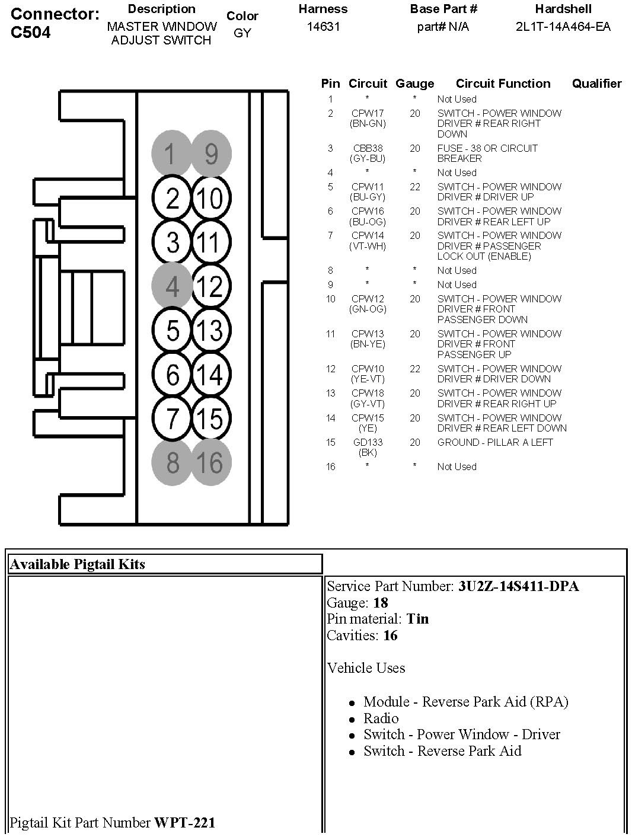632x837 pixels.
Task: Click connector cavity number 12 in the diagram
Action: (209, 287)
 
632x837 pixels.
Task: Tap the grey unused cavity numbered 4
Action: (172, 287)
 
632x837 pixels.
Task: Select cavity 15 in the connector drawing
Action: (209, 418)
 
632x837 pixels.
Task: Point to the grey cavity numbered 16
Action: (210, 462)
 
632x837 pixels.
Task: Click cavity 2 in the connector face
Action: (172, 199)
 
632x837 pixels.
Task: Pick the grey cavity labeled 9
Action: (211, 154)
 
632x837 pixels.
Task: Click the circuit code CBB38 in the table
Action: (368, 148)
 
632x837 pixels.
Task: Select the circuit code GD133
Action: (368, 442)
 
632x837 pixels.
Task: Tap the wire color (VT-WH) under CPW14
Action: (368, 246)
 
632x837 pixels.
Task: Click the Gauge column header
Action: (414, 84)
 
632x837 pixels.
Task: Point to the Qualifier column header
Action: (596, 84)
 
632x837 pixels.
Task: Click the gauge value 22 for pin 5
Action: (414, 187)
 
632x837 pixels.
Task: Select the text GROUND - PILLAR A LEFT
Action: (494, 442)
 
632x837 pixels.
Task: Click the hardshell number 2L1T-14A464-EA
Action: (563, 27)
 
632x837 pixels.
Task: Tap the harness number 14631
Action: (323, 27)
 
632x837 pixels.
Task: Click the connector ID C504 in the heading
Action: (31, 33)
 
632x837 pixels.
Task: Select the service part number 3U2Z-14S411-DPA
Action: (518, 586)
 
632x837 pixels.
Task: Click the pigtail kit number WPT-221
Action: (184, 822)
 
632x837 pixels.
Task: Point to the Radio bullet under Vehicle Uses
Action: (381, 718)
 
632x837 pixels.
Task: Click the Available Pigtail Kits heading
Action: (77, 564)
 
